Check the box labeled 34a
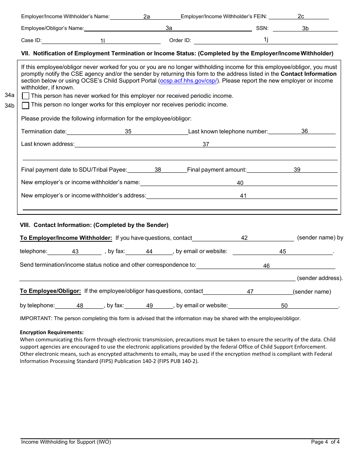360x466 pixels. pos(26,96)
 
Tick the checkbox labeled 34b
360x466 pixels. pos(26,105)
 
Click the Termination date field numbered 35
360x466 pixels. pos(128,131)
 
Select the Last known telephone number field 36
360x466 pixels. pos(302,131)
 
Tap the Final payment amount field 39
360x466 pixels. pos(292,170)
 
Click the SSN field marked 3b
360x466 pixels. pos(305,28)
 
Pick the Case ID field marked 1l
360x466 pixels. pos(102,41)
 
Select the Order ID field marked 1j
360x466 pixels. pos(266,40)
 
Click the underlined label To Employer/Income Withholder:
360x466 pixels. pos(66,238)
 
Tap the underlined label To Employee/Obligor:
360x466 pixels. pos(50,291)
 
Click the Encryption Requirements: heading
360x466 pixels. pos(52,332)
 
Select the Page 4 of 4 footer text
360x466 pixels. pos(325,442)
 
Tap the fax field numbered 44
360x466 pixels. pos(149,252)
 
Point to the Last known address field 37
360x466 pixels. pos(205,144)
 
